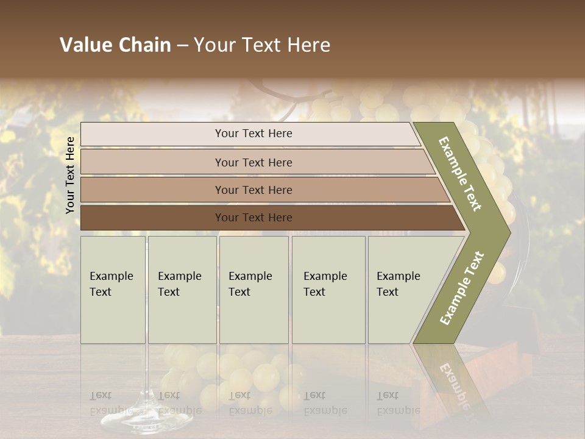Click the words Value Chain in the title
click(115, 45)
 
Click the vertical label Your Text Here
click(71, 175)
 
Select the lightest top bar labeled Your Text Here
click(253, 134)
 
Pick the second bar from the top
click(253, 162)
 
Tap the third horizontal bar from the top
click(253, 190)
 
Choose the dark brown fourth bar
click(253, 218)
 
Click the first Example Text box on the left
click(113, 290)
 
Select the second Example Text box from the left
click(182, 290)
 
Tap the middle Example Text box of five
click(253, 290)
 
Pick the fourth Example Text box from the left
click(328, 290)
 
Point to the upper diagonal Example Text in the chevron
click(461, 174)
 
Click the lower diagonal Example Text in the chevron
click(462, 288)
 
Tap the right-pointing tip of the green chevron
click(508, 232)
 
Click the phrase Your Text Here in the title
click(262, 45)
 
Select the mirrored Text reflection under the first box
click(101, 396)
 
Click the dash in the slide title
click(182, 45)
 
